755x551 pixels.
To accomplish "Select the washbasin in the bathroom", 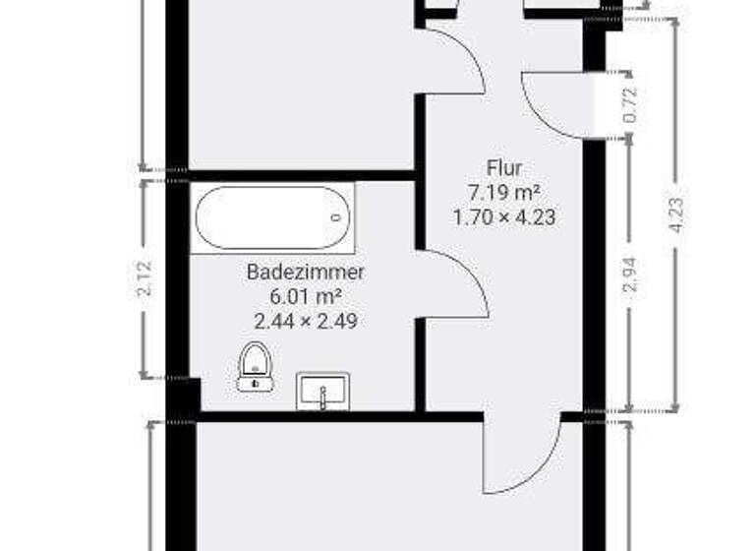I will point(322,391).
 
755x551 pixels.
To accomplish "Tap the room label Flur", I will point(503,168).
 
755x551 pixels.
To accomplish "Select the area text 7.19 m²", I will point(503,192).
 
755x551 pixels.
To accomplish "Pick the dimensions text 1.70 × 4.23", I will point(503,216).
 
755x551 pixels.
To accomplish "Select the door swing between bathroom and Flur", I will point(455,283).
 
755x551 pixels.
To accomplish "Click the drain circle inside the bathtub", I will point(336,218).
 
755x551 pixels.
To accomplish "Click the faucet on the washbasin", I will point(322,396).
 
